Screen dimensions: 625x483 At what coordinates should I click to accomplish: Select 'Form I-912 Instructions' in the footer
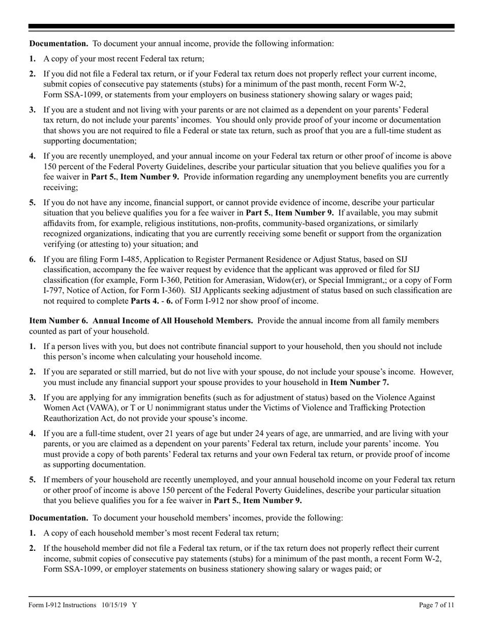[x=63, y=605]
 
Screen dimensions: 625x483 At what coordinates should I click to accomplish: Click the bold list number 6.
[x=33, y=259]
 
